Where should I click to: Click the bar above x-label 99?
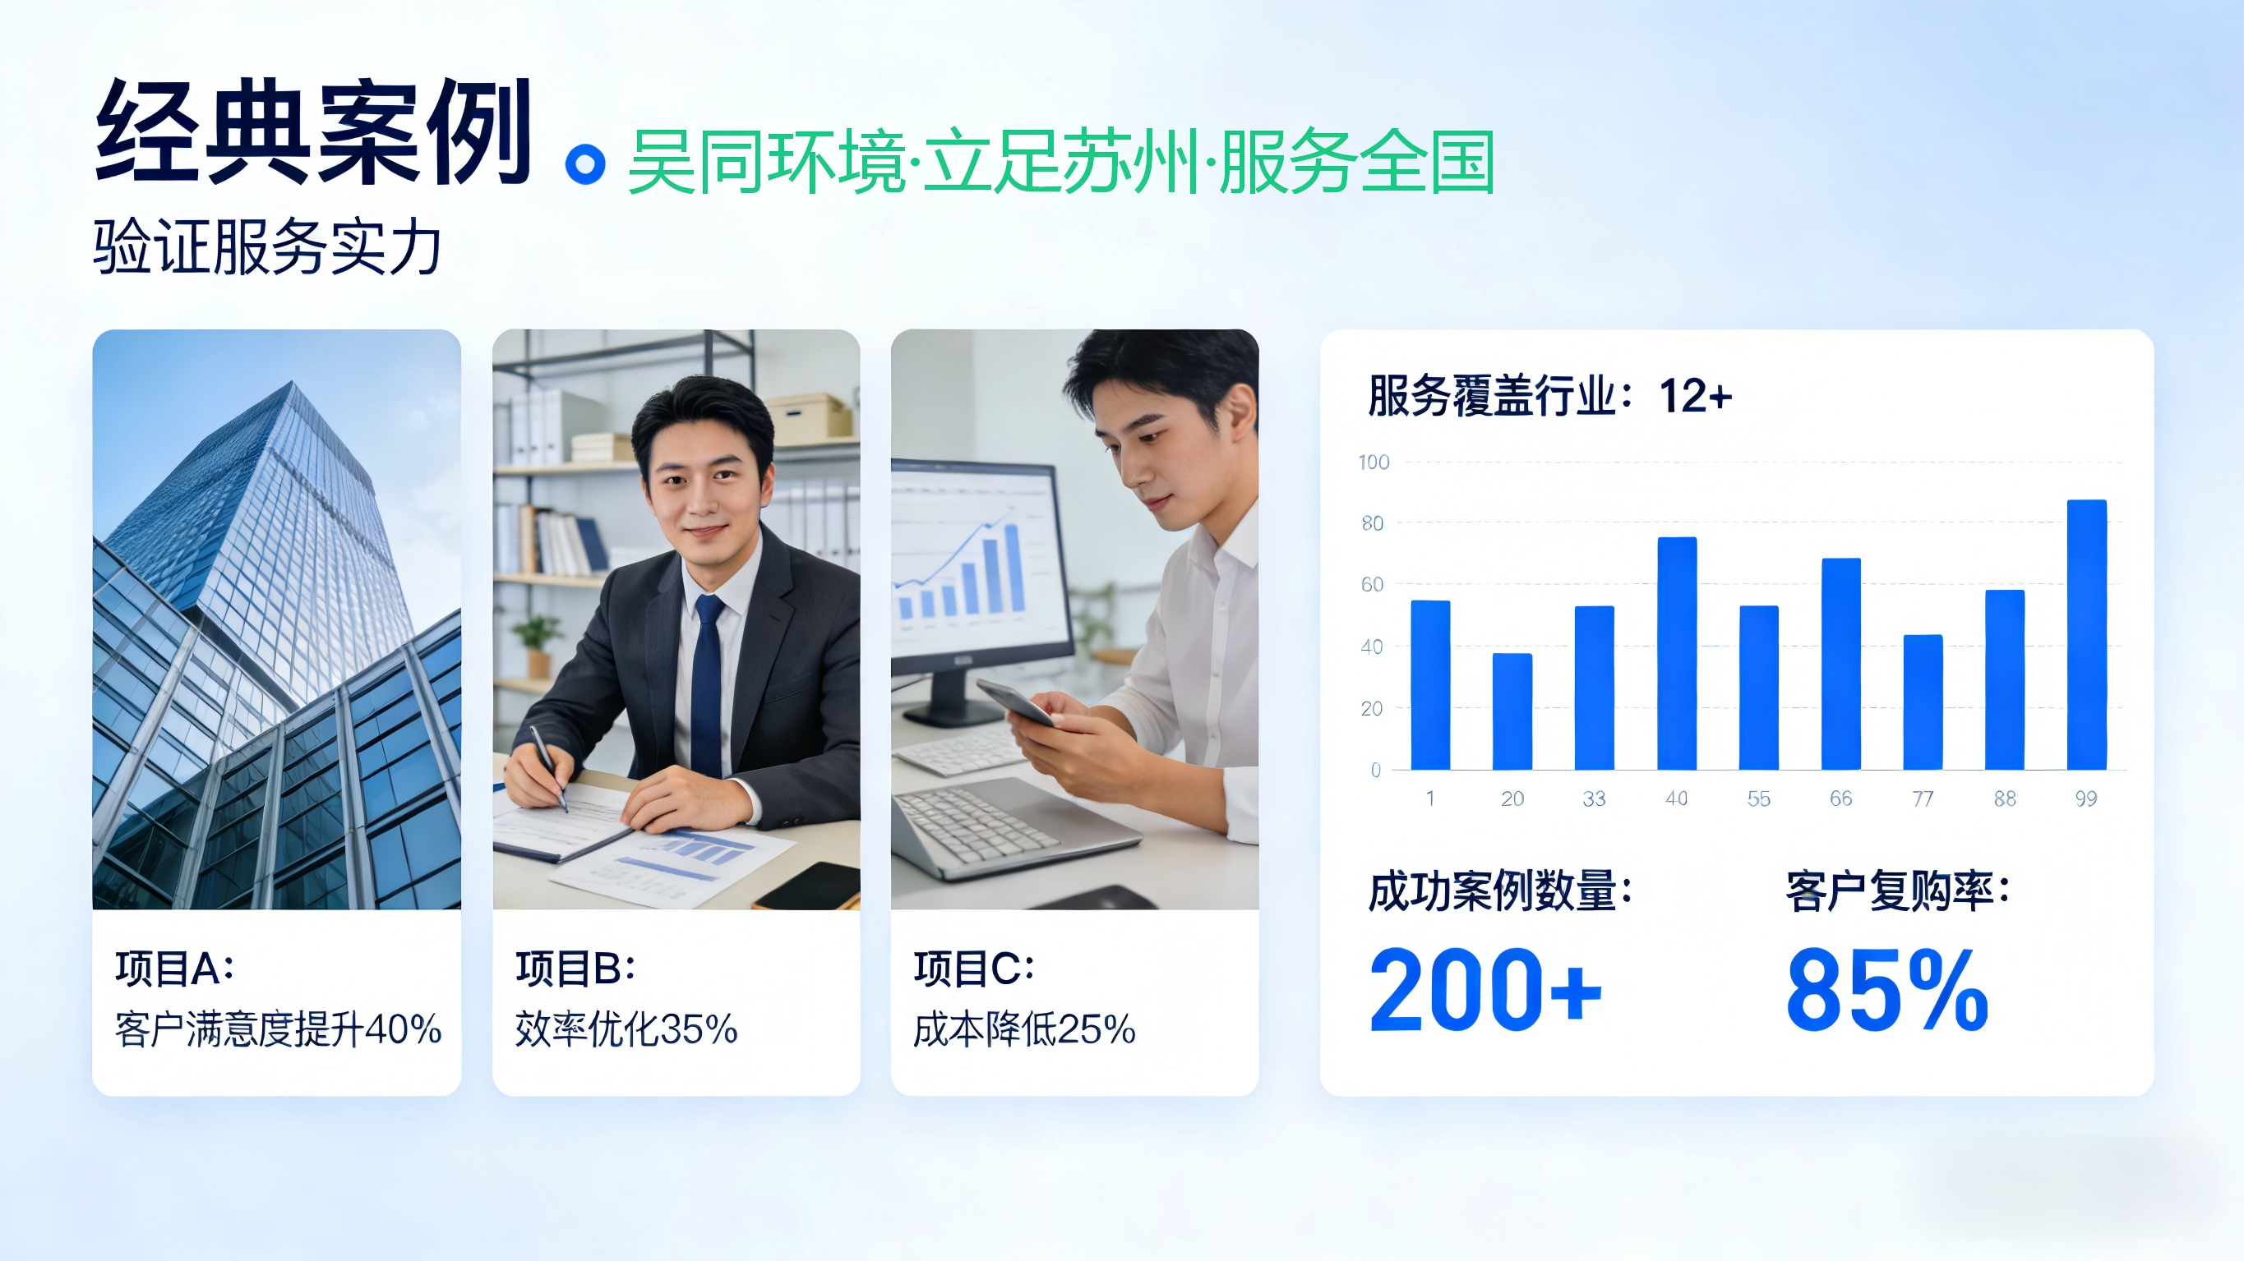click(x=2086, y=635)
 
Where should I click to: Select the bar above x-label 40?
click(x=1677, y=653)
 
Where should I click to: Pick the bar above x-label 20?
click(x=1512, y=711)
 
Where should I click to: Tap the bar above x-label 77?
click(x=1923, y=702)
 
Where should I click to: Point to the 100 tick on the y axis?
click(x=1374, y=463)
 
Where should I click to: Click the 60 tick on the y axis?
click(x=1372, y=584)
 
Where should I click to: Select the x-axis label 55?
click(x=1759, y=798)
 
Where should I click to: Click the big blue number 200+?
click(x=1485, y=989)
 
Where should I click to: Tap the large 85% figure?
click(x=1886, y=989)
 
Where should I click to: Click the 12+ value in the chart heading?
click(x=1695, y=396)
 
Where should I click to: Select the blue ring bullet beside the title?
click(x=585, y=163)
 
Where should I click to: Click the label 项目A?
click(x=174, y=969)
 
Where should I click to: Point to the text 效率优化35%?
click(x=626, y=1029)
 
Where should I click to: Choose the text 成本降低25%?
click(x=1024, y=1029)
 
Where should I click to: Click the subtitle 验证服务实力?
click(x=267, y=247)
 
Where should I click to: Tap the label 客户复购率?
click(x=1897, y=891)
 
